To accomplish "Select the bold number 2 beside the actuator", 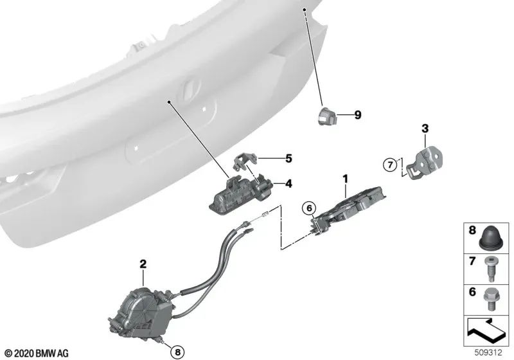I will (x=143, y=264).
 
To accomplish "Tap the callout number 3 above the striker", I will (x=425, y=128).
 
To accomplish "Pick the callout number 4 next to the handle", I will (x=288, y=183).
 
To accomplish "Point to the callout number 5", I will (x=288, y=157).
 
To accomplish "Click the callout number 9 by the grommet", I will (x=358, y=115).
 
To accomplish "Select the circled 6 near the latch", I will (x=308, y=208).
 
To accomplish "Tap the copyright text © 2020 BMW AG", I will (x=36, y=354).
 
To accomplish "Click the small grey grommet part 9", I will (x=328, y=116).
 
